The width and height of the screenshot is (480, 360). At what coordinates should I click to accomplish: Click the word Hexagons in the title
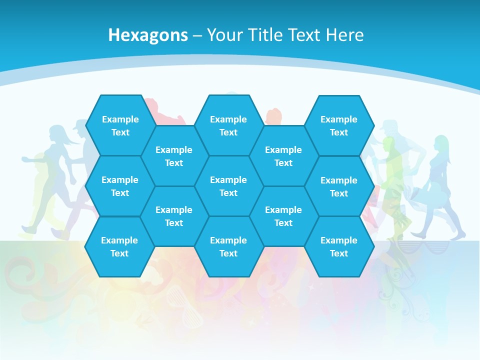point(148,35)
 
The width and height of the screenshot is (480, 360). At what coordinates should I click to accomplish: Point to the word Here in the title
point(344,35)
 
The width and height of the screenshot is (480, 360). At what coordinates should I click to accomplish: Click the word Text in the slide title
point(302,35)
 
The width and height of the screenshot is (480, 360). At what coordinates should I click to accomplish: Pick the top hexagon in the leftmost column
point(120,125)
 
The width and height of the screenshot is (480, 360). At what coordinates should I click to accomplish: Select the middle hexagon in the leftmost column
point(120,186)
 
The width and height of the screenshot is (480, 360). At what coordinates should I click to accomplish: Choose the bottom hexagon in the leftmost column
point(119,246)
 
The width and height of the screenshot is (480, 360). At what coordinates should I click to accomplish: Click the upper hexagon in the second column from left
point(174,156)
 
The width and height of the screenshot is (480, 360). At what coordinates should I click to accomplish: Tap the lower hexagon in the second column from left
point(174,216)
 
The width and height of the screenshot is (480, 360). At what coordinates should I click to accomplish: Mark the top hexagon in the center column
point(228,125)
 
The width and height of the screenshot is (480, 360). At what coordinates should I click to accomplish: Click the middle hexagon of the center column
point(228,186)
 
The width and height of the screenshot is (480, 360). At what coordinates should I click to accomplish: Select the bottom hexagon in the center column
point(228,246)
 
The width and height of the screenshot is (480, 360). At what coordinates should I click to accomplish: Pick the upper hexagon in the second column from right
point(283,156)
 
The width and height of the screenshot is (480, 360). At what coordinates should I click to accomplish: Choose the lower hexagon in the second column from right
point(283,216)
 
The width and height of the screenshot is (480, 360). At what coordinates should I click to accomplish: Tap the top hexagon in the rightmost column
point(339,125)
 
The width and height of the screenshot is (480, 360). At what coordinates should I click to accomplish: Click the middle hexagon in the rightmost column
point(339,186)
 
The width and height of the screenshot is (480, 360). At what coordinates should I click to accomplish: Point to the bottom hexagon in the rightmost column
point(339,246)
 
